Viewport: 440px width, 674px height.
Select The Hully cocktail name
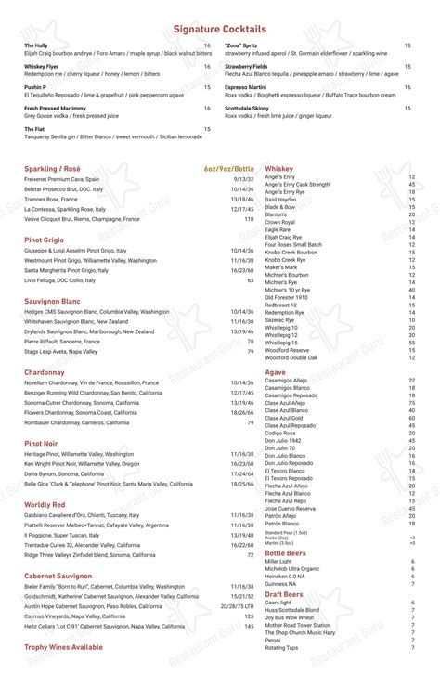click(36, 45)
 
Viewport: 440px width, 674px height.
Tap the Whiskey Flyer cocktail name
click(43, 66)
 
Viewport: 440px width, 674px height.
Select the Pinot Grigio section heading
click(45, 240)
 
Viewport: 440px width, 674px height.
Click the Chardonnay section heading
click(45, 371)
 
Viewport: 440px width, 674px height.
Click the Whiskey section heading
click(278, 168)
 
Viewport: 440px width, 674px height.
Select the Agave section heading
click(276, 371)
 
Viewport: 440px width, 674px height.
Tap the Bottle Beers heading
click(285, 551)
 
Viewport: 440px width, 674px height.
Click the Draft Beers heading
click(283, 593)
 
